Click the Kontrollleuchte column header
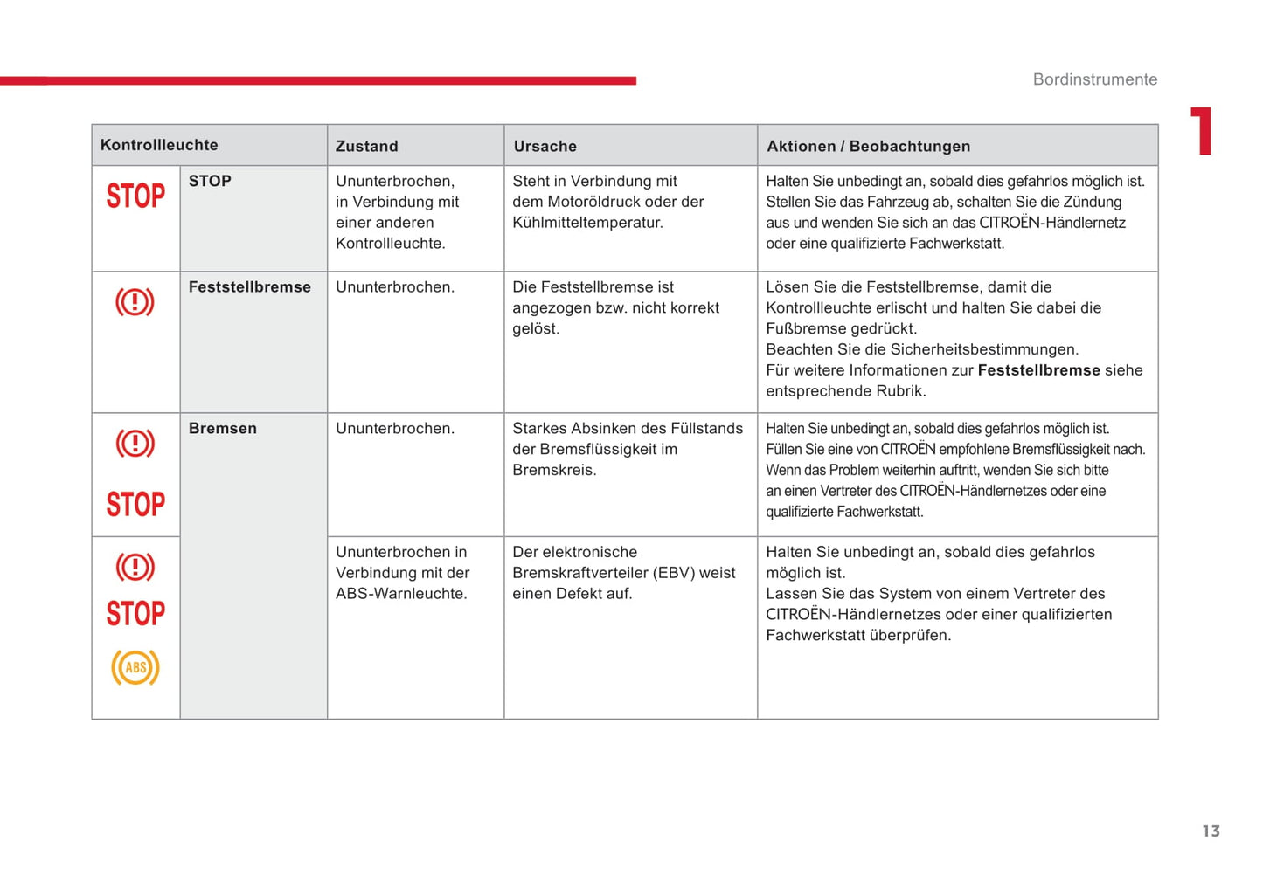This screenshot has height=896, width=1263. coord(159,145)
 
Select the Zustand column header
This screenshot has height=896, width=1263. coord(366,147)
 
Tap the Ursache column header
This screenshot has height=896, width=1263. coord(545,147)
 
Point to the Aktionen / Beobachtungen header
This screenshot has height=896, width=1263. coord(868,147)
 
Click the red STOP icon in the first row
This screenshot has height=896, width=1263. coord(135,196)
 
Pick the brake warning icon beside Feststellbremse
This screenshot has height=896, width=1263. coord(135,302)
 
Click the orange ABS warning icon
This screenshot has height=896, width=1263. coord(135,668)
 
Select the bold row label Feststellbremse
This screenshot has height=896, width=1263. coord(249,287)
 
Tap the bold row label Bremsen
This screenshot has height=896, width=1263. coord(222,429)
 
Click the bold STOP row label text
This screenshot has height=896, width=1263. coord(210,182)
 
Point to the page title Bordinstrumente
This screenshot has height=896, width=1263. coord(1094,79)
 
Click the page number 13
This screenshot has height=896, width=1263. coord(1211,831)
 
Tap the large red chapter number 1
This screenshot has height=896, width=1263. coord(1203,131)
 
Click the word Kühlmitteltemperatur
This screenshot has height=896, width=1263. coord(587,223)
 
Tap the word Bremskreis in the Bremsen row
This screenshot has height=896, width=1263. coord(553,470)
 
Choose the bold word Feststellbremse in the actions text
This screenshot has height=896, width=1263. coord(1038,370)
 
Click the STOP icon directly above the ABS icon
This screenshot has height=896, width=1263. coord(135,613)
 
